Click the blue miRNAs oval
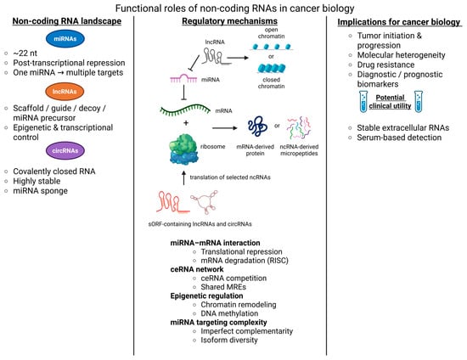[65, 39]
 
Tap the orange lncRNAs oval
[65, 92]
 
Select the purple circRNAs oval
[65, 150]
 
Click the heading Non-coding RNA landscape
[67, 21]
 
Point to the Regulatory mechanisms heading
[229, 21]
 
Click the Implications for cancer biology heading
[399, 22]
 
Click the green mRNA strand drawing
[185, 110]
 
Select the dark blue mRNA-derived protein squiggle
[257, 127]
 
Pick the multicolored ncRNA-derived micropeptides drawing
[299, 127]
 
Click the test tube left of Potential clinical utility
[363, 102]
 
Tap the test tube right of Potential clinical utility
[419, 102]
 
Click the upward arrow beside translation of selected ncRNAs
[183, 177]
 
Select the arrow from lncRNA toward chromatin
[238, 58]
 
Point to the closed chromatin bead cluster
[272, 68]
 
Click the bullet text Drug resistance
[385, 65]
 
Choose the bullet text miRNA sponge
[40, 191]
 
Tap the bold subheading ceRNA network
[197, 269]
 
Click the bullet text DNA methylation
[229, 313]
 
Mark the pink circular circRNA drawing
[205, 202]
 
